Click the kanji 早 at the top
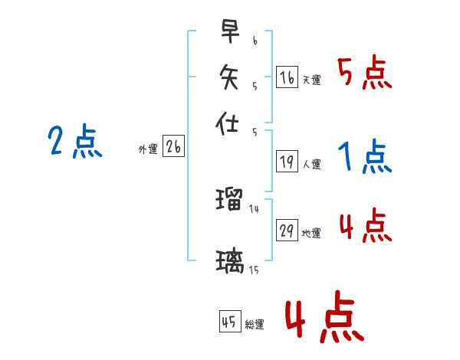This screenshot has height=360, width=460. tap(228, 32)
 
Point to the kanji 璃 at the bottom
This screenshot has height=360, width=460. tap(229, 262)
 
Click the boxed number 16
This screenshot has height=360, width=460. tap(287, 77)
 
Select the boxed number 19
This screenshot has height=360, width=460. tap(287, 162)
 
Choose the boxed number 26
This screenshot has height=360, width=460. tap(173, 148)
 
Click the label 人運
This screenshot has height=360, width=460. tap(311, 164)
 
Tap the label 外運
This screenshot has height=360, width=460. tap(148, 150)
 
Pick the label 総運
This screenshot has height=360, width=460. tap(254, 324)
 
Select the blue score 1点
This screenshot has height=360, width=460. tap(364, 158)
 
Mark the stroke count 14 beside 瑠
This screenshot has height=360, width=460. tap(255, 208)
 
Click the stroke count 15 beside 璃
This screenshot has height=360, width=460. tap(254, 270)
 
